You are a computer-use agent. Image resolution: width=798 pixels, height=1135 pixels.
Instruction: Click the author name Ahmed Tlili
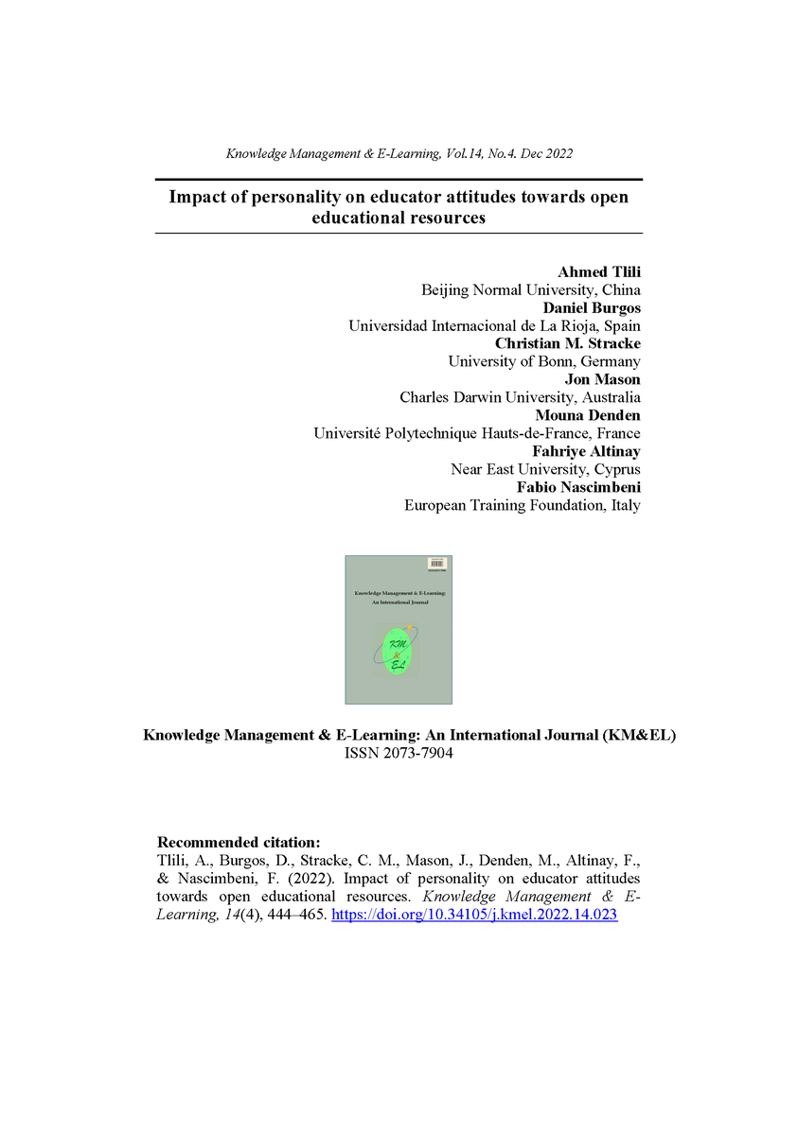click(599, 272)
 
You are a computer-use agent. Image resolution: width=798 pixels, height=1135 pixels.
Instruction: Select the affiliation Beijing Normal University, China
click(530, 290)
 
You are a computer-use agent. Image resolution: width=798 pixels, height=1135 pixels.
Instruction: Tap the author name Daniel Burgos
click(591, 308)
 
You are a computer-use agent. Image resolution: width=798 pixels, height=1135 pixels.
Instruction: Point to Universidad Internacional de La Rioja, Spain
click(494, 326)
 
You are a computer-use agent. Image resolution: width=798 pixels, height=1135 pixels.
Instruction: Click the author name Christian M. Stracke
click(568, 343)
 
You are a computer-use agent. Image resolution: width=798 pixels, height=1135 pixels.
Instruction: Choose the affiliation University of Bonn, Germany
click(543, 361)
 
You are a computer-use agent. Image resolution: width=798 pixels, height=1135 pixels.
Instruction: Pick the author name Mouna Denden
click(586, 415)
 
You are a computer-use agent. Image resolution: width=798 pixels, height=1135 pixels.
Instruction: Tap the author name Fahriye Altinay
click(586, 451)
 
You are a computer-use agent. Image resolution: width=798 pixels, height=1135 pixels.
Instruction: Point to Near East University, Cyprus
click(545, 469)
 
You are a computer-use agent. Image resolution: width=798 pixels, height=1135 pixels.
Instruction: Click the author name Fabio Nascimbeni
click(578, 487)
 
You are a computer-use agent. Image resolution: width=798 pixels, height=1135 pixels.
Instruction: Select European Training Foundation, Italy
click(522, 505)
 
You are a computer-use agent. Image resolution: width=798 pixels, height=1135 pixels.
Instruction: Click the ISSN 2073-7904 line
click(399, 754)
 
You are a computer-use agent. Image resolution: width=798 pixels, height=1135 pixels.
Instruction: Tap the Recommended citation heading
click(239, 842)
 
